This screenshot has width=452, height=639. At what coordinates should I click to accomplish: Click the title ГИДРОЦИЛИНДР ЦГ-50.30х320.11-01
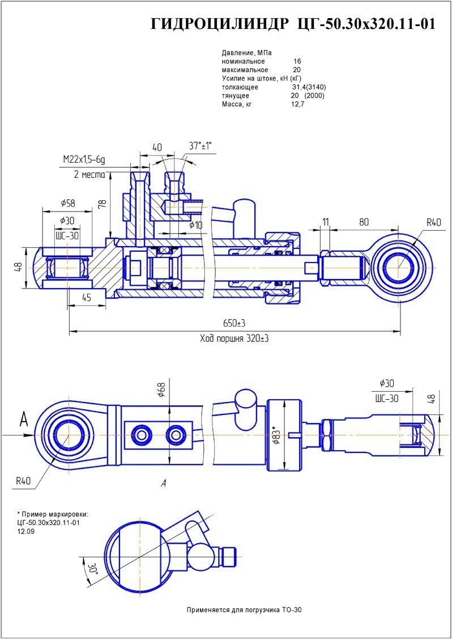click(x=293, y=24)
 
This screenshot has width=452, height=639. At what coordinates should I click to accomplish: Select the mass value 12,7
click(x=298, y=104)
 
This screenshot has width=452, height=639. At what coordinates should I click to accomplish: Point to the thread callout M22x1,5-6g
click(x=84, y=160)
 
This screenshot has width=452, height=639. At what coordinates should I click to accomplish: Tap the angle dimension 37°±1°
click(x=200, y=146)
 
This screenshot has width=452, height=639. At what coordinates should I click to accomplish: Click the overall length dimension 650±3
click(x=234, y=323)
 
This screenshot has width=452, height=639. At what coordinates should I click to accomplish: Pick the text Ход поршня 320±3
click(x=234, y=339)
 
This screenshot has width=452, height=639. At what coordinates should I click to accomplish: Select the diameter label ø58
click(x=67, y=203)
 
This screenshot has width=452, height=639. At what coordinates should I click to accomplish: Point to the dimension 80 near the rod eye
click(x=364, y=222)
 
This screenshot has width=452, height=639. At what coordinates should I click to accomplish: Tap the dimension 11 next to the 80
click(x=325, y=222)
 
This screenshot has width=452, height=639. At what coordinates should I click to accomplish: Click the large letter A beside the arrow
click(x=23, y=420)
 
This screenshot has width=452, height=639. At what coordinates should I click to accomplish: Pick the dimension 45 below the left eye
click(x=87, y=297)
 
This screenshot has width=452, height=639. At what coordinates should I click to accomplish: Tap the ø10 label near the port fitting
click(x=195, y=225)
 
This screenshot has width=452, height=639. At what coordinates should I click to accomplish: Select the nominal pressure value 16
click(x=297, y=61)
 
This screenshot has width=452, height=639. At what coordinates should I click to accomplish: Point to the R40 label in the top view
click(x=434, y=222)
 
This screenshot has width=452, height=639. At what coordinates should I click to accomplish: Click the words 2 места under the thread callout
click(x=89, y=174)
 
